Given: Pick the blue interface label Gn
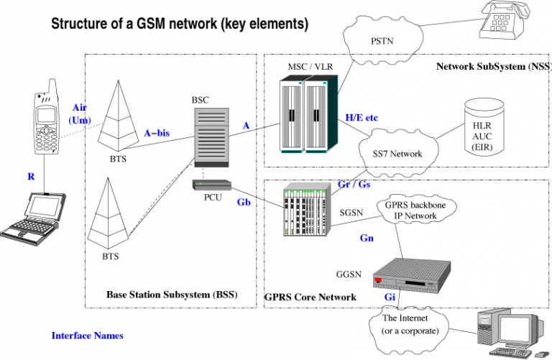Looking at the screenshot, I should pyautogui.click(x=366, y=236).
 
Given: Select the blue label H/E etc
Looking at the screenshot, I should pyautogui.click(x=362, y=117).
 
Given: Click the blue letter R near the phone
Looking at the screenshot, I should pyautogui.click(x=31, y=175).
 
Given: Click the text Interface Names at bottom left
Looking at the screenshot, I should pyautogui.click(x=87, y=336).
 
